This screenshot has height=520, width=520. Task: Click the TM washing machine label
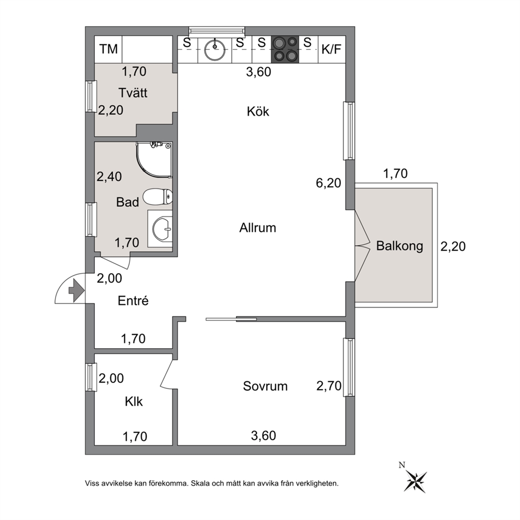tap(109, 49)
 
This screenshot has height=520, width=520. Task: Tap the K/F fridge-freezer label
tap(331, 49)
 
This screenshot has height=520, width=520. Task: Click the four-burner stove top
tap(285, 49)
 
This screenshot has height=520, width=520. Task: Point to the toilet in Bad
tap(158, 197)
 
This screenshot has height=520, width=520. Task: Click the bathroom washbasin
tap(162, 229)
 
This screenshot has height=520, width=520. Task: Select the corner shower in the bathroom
tap(154, 159)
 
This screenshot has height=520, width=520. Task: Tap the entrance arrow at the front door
tap(77, 290)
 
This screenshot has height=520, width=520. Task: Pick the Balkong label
tap(399, 246)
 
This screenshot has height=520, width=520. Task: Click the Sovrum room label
tap(265, 386)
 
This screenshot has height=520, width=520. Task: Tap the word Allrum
tap(258, 228)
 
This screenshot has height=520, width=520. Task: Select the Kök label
tap(258, 112)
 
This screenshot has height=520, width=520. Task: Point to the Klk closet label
tap(134, 402)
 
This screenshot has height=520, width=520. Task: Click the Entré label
tap(133, 300)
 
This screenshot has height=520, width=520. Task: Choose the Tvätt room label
tap(133, 93)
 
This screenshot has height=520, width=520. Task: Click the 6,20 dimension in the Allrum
tap(328, 183)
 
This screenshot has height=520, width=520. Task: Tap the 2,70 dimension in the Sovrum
tap(329, 386)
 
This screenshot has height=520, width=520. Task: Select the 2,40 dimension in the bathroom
tap(109, 177)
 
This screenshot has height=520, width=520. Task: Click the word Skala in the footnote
tap(200, 483)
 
